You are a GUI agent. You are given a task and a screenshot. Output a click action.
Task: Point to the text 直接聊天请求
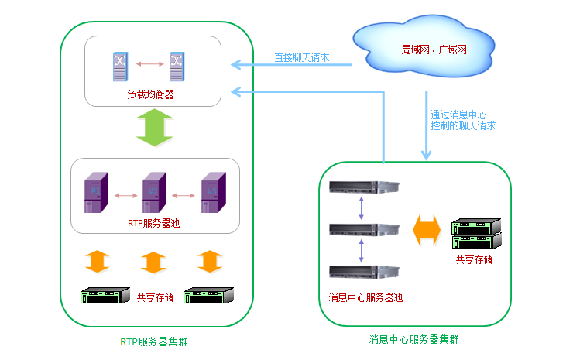pos(302,57)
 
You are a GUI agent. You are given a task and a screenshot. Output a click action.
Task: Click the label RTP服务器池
pos(153,223)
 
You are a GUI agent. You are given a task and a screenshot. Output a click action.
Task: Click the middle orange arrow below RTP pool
pos(153,262)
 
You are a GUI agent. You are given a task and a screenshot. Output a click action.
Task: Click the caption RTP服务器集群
pos(154,341)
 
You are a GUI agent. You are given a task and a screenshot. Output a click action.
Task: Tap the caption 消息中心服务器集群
pos(419,339)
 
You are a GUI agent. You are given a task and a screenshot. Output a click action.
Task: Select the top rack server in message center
pos(362,186)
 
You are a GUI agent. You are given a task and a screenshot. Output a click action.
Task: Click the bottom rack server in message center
pos(362,272)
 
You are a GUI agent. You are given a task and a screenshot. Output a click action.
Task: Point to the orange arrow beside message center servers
pos(427,230)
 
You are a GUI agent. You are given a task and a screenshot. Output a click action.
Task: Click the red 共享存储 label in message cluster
pos(474,259)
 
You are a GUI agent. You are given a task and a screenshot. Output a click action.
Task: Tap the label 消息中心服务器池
pos(365,297)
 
